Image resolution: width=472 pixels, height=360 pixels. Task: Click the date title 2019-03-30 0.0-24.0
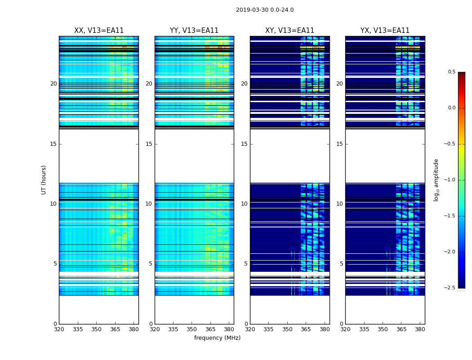(265, 10)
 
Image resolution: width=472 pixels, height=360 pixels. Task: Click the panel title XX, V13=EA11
(99, 31)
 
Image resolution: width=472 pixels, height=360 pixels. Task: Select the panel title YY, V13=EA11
(194, 31)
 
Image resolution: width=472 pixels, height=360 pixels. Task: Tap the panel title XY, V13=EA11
(289, 31)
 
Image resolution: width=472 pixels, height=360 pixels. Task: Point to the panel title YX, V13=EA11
(385, 31)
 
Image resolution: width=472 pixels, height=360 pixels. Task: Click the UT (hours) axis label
(44, 180)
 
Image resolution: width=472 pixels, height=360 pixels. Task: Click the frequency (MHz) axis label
(217, 338)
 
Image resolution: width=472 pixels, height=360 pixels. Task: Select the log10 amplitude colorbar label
(436, 180)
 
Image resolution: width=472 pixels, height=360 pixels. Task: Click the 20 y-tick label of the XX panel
(53, 84)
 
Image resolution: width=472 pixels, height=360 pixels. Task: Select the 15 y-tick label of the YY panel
(149, 144)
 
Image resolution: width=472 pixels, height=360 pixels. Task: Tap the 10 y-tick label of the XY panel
(244, 204)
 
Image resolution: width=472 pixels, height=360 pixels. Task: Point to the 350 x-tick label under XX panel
(96, 329)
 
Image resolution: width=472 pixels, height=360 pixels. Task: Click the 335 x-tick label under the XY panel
(268, 329)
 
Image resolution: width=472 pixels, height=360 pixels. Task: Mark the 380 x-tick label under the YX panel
(420, 329)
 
